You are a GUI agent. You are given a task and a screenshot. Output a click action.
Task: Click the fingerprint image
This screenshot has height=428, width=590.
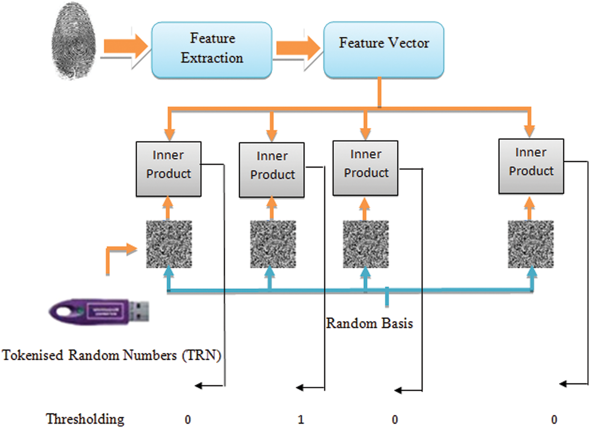point(73,41)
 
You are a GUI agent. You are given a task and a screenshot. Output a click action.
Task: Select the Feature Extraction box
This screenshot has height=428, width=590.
point(212,50)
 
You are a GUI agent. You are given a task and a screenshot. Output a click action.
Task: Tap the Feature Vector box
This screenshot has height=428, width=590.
point(383,50)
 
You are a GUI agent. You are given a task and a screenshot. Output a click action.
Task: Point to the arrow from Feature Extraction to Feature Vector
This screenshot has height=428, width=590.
point(298,48)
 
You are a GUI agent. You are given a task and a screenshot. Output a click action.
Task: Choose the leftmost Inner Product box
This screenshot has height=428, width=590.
point(169,169)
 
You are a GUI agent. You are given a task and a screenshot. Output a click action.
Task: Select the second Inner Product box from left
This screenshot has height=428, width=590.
point(272,170)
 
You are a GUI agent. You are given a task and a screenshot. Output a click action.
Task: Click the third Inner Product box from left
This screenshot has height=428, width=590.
point(365,168)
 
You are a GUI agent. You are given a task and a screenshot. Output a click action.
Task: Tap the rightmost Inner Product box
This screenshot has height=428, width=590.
point(531,166)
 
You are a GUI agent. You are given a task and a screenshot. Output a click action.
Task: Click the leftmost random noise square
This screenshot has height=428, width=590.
point(169,244)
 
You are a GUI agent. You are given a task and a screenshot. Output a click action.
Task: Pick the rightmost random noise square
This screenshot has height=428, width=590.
point(531,244)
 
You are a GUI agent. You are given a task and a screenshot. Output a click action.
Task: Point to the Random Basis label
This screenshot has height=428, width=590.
point(370,323)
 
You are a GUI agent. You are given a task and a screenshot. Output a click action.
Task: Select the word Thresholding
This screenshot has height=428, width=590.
point(85,419)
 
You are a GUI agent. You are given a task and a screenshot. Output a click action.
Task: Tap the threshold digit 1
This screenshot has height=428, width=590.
point(300,420)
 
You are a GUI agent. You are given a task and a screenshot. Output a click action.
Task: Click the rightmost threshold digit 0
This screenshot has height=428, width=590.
point(554,420)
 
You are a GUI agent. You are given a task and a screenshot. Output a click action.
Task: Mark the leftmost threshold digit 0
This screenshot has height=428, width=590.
point(188,420)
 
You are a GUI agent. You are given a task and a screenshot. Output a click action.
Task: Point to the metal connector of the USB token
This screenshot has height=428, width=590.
point(139,311)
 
